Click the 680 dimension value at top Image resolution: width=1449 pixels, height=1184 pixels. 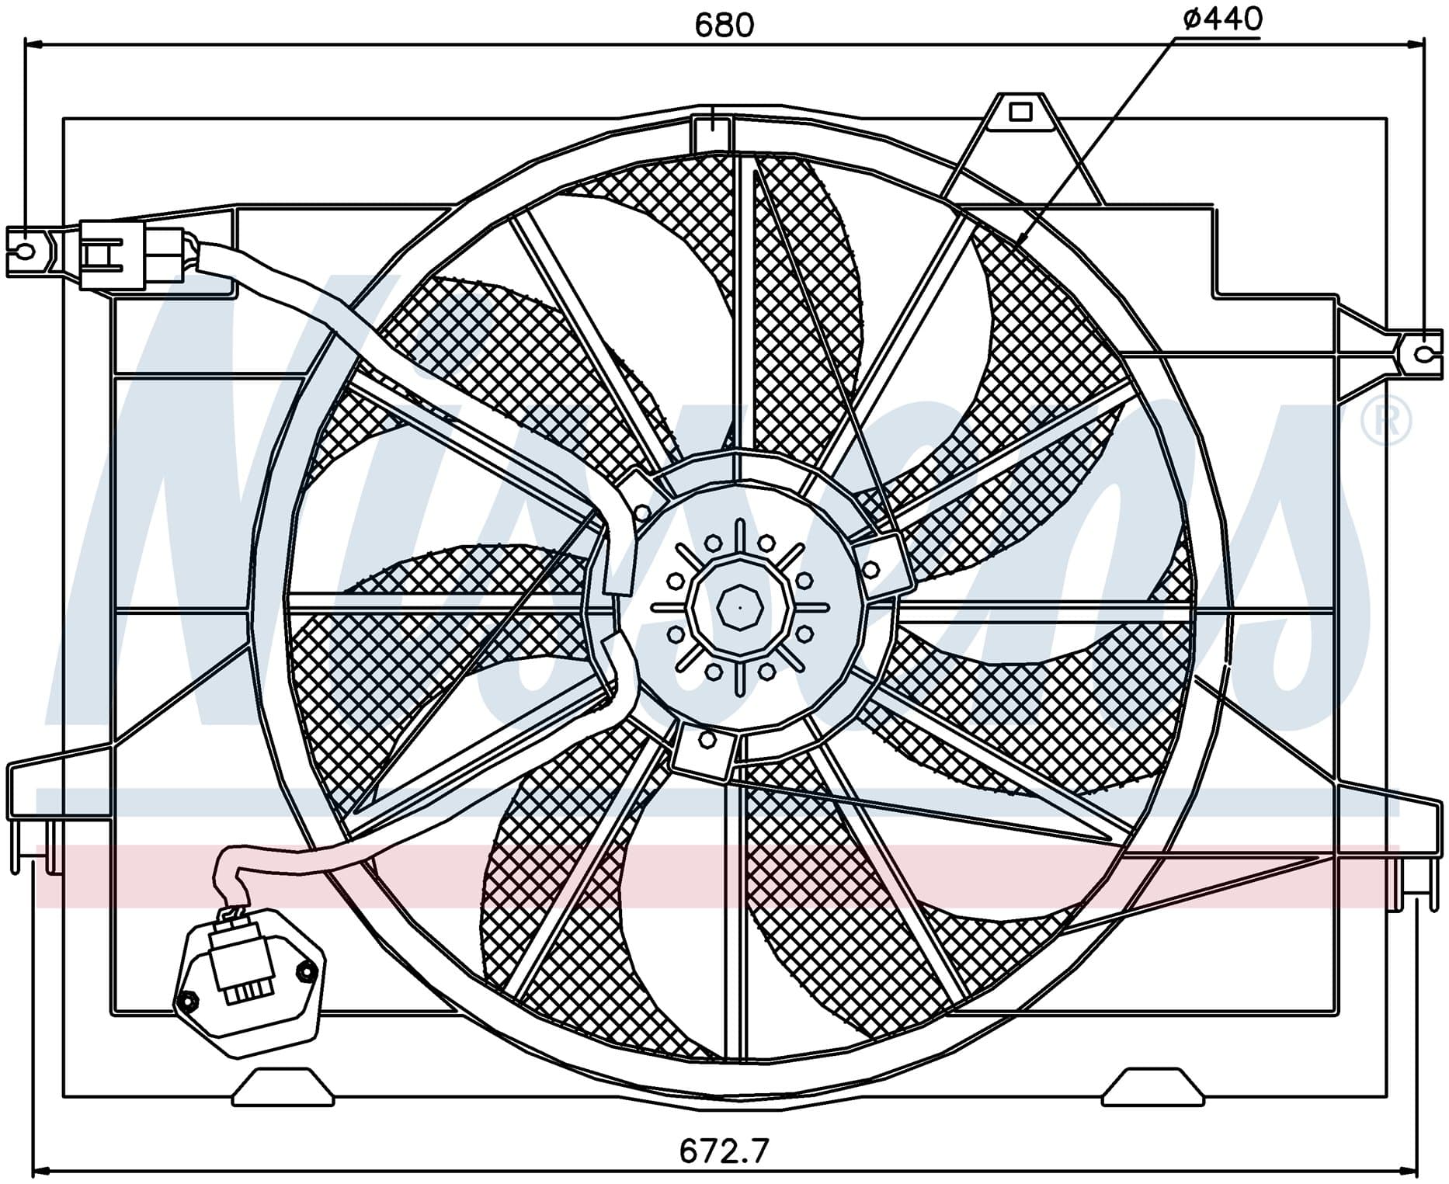click(724, 26)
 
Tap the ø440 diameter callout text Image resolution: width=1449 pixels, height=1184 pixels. click(1222, 19)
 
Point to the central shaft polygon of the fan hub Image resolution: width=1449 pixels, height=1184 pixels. click(740, 608)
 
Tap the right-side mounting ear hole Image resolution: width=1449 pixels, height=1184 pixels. click(1423, 354)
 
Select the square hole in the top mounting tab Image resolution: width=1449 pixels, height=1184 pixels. click(1020, 113)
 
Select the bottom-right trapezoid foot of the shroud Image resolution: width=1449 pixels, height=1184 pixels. click(1153, 1086)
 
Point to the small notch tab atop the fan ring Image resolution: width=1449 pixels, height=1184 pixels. click(711, 133)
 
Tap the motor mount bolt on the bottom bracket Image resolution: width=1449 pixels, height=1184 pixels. click(707, 740)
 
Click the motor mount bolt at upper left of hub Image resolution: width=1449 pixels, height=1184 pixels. click(642, 512)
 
